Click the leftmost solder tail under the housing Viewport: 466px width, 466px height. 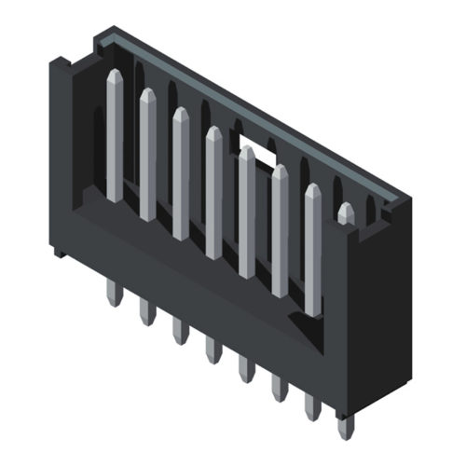113,294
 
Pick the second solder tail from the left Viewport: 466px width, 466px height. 146,312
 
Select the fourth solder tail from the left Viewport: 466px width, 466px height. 212,351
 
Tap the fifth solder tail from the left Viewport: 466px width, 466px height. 246,370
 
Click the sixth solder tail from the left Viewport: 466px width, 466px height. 279,389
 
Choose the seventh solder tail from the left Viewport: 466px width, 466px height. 312,407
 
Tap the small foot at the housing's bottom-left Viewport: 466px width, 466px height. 59,250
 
